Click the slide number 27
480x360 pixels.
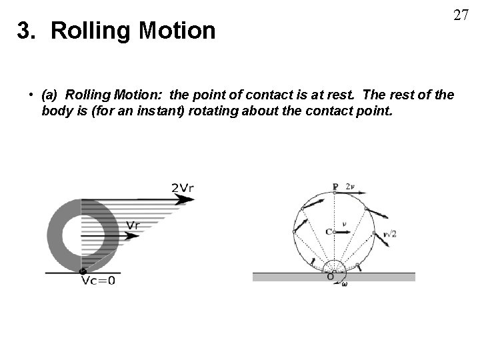point(460,15)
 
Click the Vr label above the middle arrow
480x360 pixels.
point(133,225)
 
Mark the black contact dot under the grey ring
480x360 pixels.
point(81,271)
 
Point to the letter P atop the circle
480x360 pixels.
point(335,186)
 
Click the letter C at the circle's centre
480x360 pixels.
point(329,232)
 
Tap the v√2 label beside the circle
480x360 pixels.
point(389,234)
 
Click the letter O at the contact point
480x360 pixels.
point(329,277)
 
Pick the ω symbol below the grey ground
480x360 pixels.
point(344,284)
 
